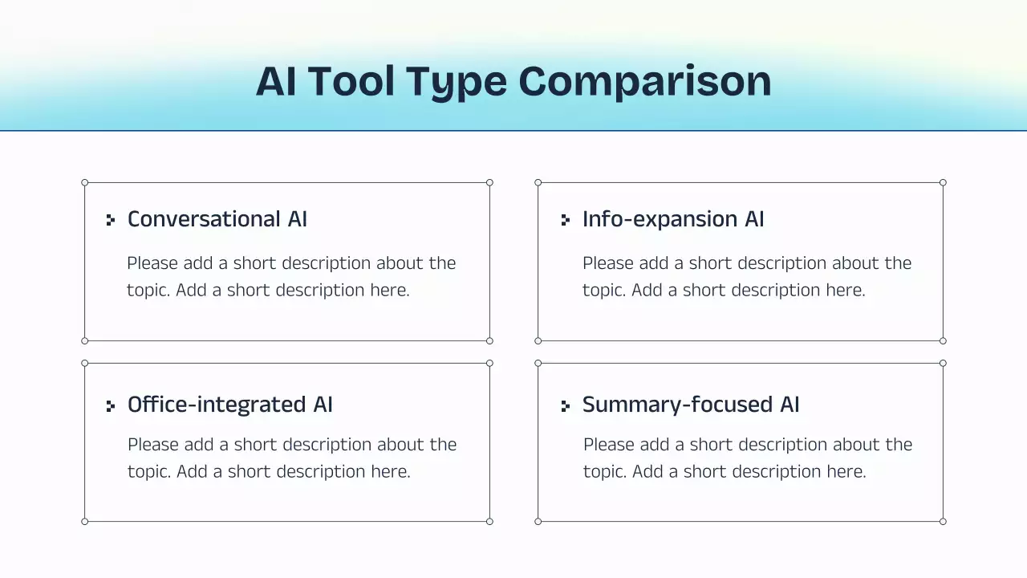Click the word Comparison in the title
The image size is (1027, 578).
pyautogui.click(x=644, y=81)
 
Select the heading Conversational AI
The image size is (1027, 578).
pyautogui.click(x=217, y=219)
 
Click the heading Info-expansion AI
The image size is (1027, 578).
pyautogui.click(x=673, y=219)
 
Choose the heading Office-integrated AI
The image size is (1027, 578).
pyautogui.click(x=230, y=405)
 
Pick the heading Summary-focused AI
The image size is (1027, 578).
pyautogui.click(x=691, y=405)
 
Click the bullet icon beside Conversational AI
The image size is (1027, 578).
pyautogui.click(x=111, y=220)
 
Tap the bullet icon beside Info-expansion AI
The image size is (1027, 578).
pyautogui.click(x=566, y=220)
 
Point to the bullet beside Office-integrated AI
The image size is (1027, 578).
pyautogui.click(x=111, y=406)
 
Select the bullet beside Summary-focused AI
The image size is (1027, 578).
pyautogui.click(x=566, y=406)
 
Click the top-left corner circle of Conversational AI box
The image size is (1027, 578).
pyautogui.click(x=85, y=183)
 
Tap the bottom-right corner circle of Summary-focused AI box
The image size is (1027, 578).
pyautogui.click(x=943, y=521)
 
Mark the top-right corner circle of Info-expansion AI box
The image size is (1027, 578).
pyautogui.click(x=943, y=183)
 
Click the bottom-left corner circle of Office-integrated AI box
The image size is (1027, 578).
pyautogui.click(x=85, y=521)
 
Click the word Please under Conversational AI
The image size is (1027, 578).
pyautogui.click(x=152, y=263)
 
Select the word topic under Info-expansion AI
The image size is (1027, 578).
pyautogui.click(x=604, y=291)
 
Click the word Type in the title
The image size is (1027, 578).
pyautogui.click(x=456, y=81)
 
